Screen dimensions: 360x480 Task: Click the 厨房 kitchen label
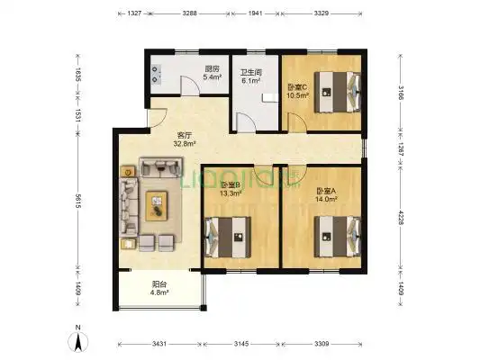pyautogui.click(x=213, y=68)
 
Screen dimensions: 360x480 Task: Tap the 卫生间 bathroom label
pyautogui.click(x=250, y=72)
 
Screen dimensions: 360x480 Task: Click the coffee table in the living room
pyautogui.click(x=158, y=206)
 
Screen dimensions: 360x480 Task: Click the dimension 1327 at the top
pyautogui.click(x=133, y=13)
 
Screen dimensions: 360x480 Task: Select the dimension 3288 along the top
pyautogui.click(x=190, y=13)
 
